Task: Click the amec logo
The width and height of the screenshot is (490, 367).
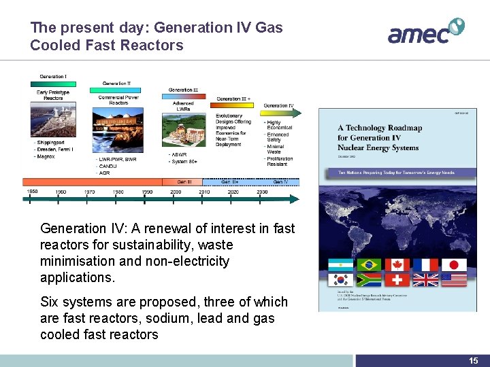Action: tap(425, 31)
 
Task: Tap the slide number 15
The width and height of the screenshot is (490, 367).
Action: tap(473, 361)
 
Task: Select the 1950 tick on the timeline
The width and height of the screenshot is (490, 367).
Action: tap(32, 192)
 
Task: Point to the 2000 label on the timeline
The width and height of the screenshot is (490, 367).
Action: tap(176, 192)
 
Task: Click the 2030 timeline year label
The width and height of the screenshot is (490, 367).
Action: tap(262, 192)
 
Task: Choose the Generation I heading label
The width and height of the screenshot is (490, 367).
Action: tap(52, 76)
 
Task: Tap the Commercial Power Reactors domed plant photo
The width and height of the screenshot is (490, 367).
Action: tap(118, 129)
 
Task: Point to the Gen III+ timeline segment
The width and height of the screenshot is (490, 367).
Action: tap(229, 181)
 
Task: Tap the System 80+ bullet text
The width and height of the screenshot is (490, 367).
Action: tap(185, 161)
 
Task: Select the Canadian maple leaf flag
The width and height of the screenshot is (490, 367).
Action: tap(397, 265)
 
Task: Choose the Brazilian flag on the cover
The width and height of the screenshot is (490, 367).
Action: tap(369, 265)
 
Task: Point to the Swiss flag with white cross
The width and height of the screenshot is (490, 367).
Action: tap(397, 280)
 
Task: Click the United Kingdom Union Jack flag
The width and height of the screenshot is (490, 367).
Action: tap(425, 280)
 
